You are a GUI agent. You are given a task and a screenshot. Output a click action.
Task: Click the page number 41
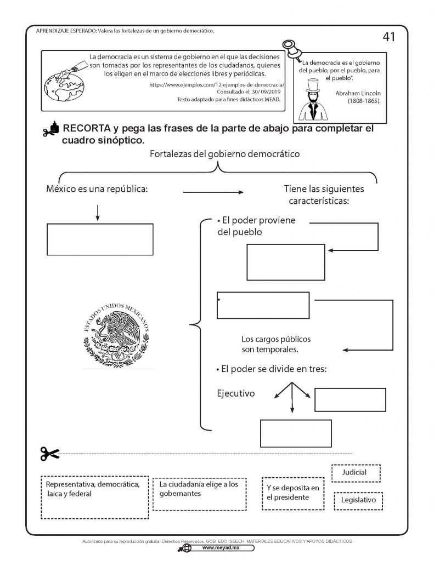click(388, 37)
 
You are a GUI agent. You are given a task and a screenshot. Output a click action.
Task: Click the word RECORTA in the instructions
click(85, 129)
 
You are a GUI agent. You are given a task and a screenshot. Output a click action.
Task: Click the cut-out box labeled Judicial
click(356, 472)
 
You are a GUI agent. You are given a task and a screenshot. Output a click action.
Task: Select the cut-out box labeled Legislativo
click(358, 500)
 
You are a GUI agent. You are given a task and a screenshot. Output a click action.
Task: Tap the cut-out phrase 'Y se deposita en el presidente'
click(292, 493)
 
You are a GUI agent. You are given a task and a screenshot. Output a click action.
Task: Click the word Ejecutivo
click(236, 393)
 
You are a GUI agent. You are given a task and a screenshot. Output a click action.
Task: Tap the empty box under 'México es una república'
click(100, 239)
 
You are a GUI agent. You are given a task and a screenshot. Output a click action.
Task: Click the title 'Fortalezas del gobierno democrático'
click(224, 154)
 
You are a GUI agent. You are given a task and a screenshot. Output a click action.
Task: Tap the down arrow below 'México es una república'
click(97, 213)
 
